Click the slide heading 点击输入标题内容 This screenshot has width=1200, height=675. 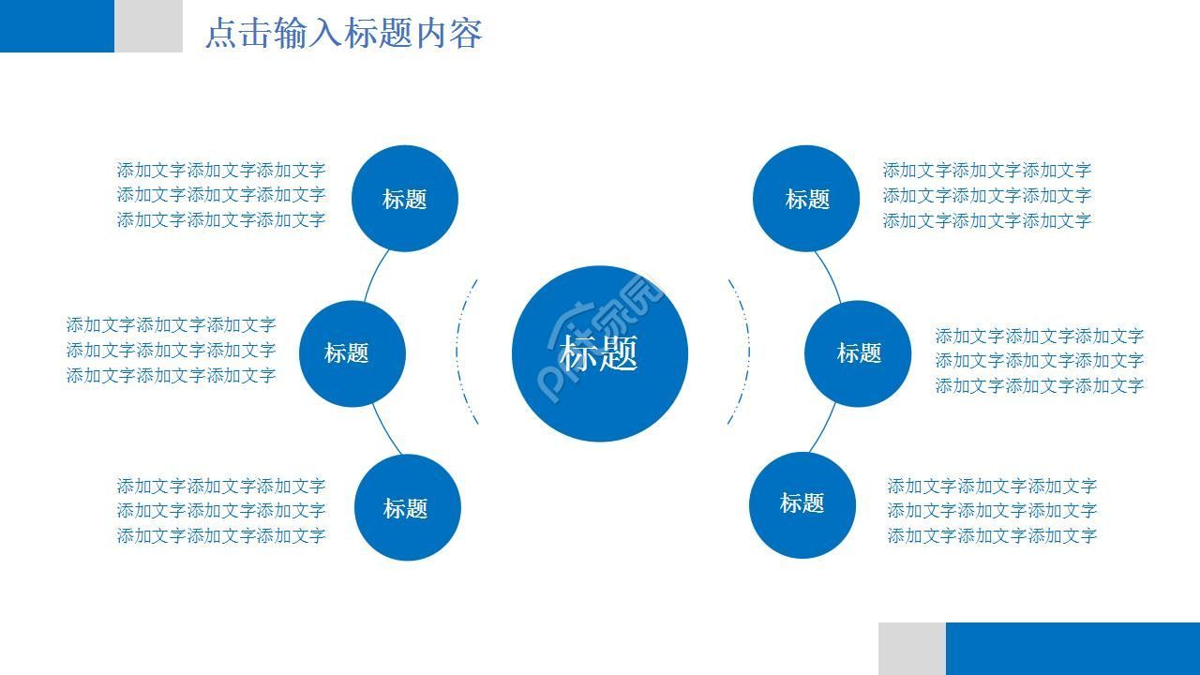click(343, 34)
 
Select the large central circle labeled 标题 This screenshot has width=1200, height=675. click(600, 353)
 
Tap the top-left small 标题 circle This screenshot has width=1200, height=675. click(404, 199)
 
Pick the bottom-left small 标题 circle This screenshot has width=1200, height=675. click(407, 507)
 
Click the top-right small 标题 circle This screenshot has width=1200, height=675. click(806, 199)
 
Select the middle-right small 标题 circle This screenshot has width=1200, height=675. click(858, 353)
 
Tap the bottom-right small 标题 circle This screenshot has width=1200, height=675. click(802, 504)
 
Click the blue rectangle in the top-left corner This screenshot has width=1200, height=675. click(56, 25)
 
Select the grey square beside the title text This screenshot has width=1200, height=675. click(148, 25)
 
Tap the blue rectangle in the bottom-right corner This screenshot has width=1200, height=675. click(1072, 648)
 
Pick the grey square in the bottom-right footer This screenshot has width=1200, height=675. click(911, 648)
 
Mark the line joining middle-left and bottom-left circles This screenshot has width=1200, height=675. click(385, 431)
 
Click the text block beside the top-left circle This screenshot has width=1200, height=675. click(220, 195)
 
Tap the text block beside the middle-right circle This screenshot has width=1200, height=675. click(1039, 361)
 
